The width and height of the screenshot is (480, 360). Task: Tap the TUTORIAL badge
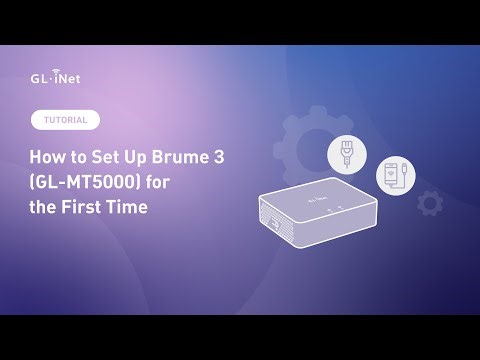(66, 120)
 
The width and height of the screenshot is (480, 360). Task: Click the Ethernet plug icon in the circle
(347, 156)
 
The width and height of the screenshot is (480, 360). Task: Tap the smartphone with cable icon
(394, 178)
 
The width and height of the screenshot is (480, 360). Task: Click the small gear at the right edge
(430, 204)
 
